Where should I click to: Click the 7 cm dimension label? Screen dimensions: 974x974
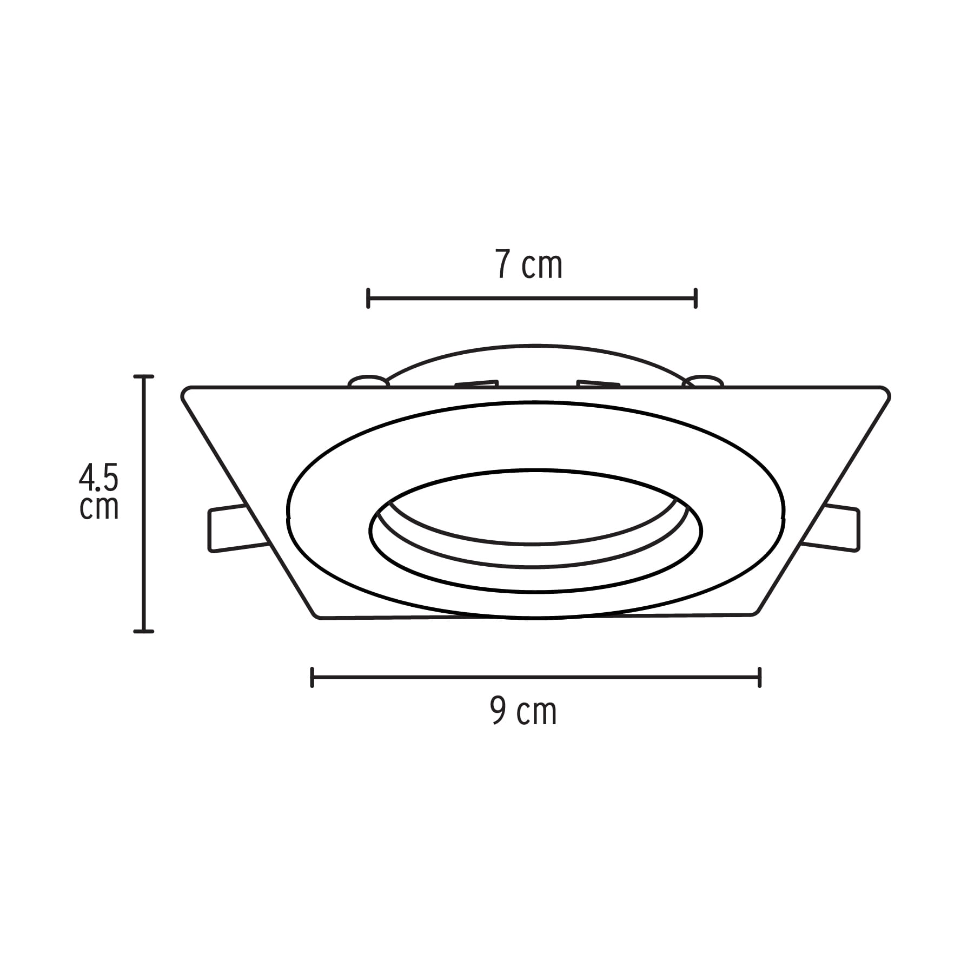(529, 265)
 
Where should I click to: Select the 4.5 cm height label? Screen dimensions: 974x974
(98, 492)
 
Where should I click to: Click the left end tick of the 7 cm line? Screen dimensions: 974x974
(368, 298)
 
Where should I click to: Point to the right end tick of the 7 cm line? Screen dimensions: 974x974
(695, 298)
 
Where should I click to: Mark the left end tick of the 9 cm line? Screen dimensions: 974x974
(312, 678)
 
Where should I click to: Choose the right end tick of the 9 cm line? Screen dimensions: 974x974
(760, 678)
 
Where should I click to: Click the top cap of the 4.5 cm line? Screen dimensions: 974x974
(144, 376)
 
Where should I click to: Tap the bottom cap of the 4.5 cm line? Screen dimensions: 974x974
(144, 631)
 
